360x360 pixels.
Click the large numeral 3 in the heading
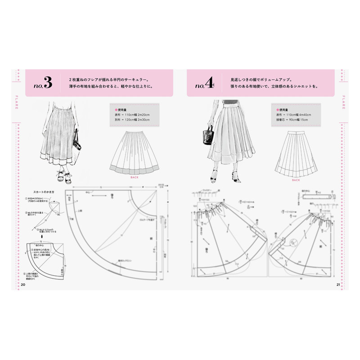(x=48, y=83)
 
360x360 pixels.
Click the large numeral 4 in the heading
(x=209, y=83)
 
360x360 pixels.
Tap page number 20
(x=23, y=284)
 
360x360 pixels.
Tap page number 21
(x=338, y=284)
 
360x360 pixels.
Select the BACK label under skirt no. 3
(x=135, y=177)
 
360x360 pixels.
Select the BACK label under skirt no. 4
(x=296, y=180)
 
